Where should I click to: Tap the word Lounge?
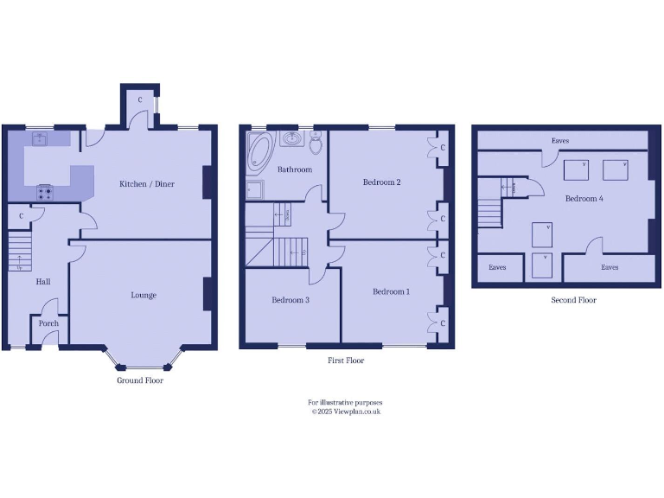pyautogui.click(x=144, y=295)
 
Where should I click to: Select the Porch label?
pyautogui.click(x=48, y=323)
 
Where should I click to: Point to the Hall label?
pyautogui.click(x=43, y=282)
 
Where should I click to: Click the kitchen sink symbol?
pyautogui.click(x=40, y=138)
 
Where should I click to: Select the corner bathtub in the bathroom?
pyautogui.click(x=259, y=150)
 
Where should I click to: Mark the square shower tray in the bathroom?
pyautogui.click(x=255, y=190)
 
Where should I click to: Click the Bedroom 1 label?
pyautogui.click(x=391, y=291)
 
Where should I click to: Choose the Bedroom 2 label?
pyautogui.click(x=380, y=182)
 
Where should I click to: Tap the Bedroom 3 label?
pyautogui.click(x=290, y=300)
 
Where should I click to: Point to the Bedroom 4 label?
pyautogui.click(x=584, y=199)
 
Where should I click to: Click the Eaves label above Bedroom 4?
pyautogui.click(x=560, y=140)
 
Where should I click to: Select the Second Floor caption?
pyautogui.click(x=574, y=300)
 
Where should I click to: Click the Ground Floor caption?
pyautogui.click(x=140, y=380)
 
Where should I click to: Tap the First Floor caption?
pyautogui.click(x=346, y=361)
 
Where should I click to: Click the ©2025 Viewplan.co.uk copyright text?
pyautogui.click(x=346, y=412)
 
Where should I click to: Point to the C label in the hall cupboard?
pyautogui.click(x=21, y=215)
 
